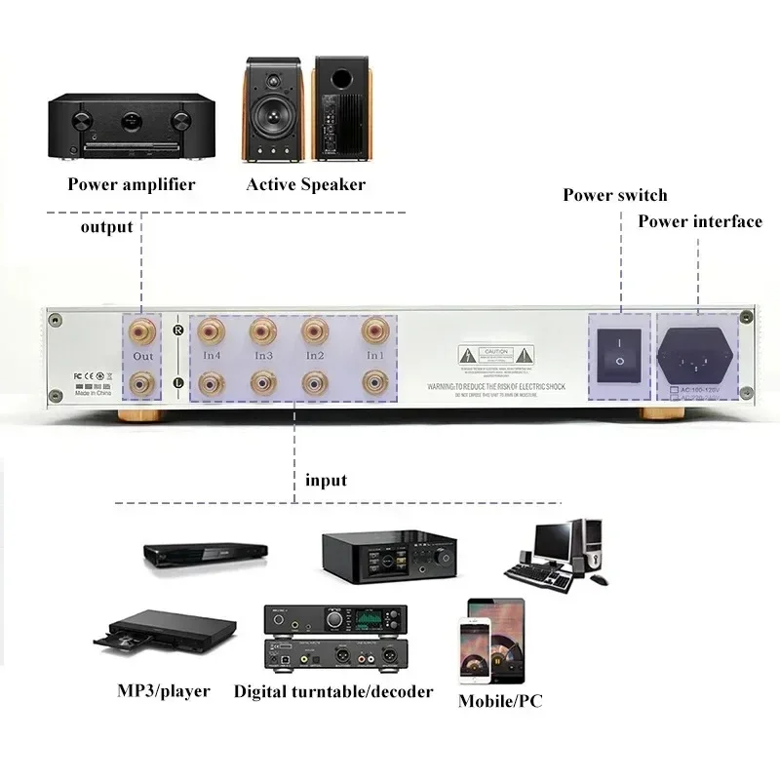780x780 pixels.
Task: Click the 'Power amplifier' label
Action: pyautogui.click(x=132, y=184)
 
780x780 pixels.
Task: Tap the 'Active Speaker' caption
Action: pyautogui.click(x=305, y=184)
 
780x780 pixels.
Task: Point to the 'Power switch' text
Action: pyautogui.click(x=614, y=195)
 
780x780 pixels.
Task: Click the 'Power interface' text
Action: pyautogui.click(x=699, y=221)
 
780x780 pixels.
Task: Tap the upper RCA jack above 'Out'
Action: pyautogui.click(x=142, y=332)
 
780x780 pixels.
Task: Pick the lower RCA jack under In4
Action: pyautogui.click(x=210, y=383)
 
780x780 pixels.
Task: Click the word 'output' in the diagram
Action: pyautogui.click(x=106, y=227)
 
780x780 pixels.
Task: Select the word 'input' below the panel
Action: pyautogui.click(x=326, y=480)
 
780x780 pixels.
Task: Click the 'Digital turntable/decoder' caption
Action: pyautogui.click(x=333, y=691)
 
